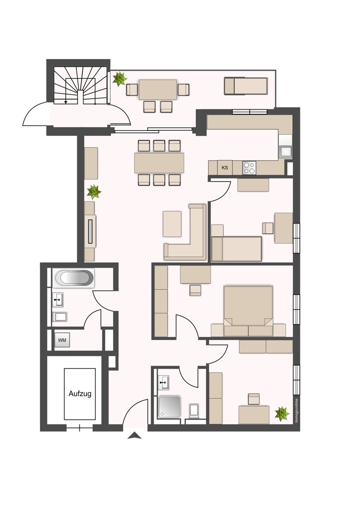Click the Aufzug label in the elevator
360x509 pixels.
pyautogui.click(x=80, y=394)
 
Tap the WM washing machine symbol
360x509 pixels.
pyautogui.click(x=62, y=340)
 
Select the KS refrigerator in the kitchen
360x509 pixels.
pyautogui.click(x=225, y=168)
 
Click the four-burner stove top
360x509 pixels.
pyautogui.click(x=249, y=168)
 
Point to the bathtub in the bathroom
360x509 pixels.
pyautogui.click(x=73, y=278)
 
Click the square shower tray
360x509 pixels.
pyautogui.click(x=170, y=407)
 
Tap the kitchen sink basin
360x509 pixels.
pyautogui.click(x=286, y=152)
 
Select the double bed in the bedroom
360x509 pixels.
pyautogui.click(x=248, y=311)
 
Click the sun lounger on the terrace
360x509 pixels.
pyautogui.click(x=246, y=86)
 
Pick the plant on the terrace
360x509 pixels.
pyautogui.click(x=120, y=78)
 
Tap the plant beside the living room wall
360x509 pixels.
pyautogui.click(x=94, y=191)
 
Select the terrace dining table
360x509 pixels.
pyautogui.click(x=158, y=89)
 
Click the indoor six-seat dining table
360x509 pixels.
pyautogui.click(x=159, y=163)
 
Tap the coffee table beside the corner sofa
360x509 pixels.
pyautogui.click(x=172, y=224)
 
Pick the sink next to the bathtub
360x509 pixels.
pyautogui.click(x=58, y=300)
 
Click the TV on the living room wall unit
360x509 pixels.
pyautogui.click(x=91, y=231)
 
